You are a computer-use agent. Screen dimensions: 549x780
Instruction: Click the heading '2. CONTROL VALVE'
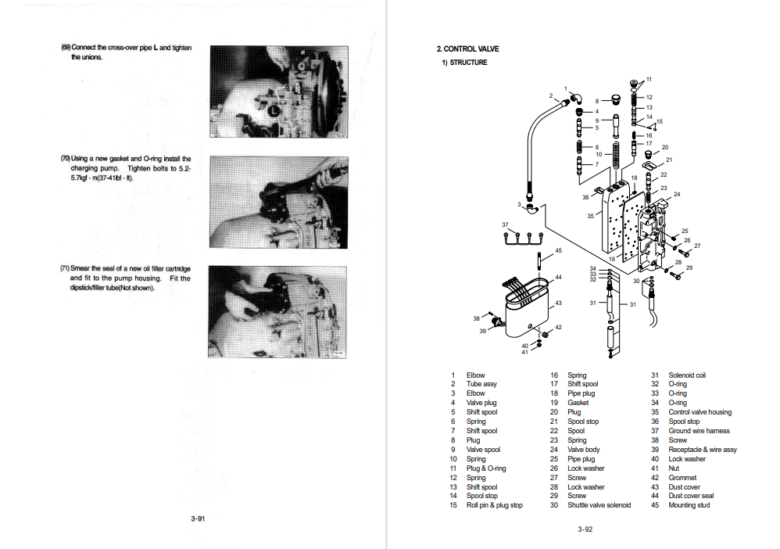[467, 49]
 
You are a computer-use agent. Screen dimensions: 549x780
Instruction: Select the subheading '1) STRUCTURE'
[464, 63]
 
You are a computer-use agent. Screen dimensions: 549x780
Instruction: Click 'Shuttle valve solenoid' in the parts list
[599, 505]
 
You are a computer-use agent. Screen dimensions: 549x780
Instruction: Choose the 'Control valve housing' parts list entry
[699, 412]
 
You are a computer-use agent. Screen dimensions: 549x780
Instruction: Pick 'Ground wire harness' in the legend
[699, 431]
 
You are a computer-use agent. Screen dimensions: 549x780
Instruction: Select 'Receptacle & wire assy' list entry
[702, 450]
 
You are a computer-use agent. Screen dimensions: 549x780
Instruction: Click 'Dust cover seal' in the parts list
[691, 496]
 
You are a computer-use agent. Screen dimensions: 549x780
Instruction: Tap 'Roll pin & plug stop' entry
[494, 505]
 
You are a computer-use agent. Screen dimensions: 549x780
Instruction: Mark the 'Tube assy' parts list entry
[481, 384]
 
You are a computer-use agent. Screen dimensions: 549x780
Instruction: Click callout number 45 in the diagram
[558, 250]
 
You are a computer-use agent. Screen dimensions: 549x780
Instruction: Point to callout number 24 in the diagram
[677, 194]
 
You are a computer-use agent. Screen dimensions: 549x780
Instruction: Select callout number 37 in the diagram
[505, 224]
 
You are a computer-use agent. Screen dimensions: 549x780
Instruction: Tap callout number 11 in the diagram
[649, 79]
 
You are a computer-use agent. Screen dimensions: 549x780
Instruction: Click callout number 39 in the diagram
[483, 331]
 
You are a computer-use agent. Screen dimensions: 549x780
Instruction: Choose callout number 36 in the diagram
[585, 197]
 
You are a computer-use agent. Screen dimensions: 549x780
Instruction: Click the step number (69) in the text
[66, 48]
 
